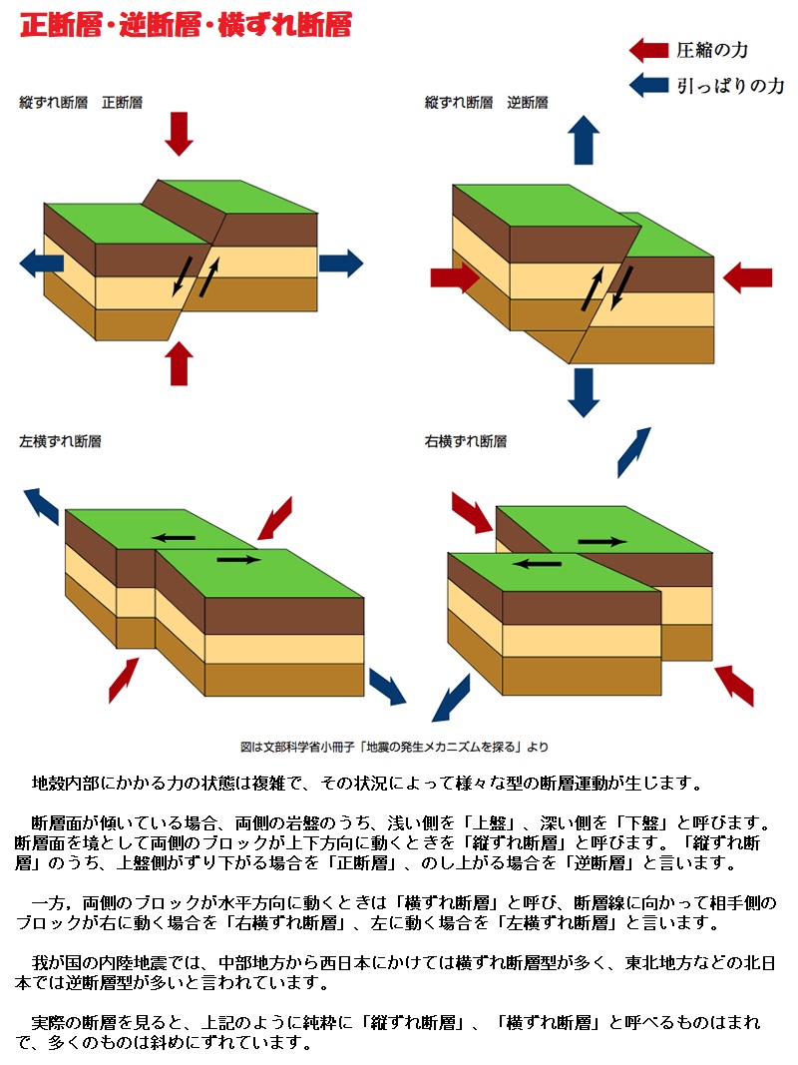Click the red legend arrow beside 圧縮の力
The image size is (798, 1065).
click(648, 50)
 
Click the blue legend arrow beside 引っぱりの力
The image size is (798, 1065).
click(648, 86)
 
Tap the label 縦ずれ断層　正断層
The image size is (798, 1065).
click(81, 102)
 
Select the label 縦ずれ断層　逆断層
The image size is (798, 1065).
click(486, 102)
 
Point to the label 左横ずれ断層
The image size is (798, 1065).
click(60, 440)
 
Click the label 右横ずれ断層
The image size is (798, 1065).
click(465, 440)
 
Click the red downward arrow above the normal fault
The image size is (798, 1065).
click(180, 134)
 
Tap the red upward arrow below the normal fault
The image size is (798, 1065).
click(180, 363)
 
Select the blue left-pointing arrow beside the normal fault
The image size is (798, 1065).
click(42, 264)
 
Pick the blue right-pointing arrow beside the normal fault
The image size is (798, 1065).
click(341, 264)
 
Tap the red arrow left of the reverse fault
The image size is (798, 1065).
click(455, 278)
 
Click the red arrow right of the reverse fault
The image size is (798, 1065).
click(747, 277)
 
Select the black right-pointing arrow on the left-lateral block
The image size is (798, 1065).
click(238, 560)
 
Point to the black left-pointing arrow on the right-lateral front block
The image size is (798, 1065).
click(538, 563)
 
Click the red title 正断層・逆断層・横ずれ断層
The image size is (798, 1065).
click(186, 25)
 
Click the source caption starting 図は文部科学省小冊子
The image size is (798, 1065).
click(395, 746)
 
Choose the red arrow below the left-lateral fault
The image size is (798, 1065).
click(124, 679)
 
